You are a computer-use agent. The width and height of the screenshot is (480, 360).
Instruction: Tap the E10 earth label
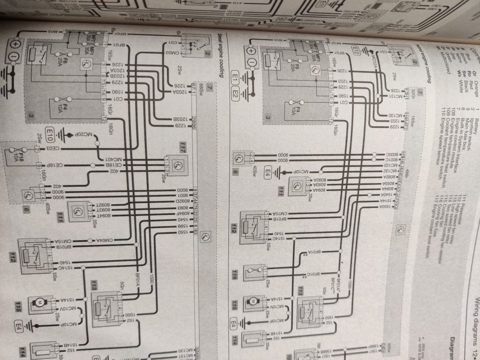click(x=49, y=133)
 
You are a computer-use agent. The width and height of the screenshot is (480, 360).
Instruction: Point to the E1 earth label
click(x=235, y=79)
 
